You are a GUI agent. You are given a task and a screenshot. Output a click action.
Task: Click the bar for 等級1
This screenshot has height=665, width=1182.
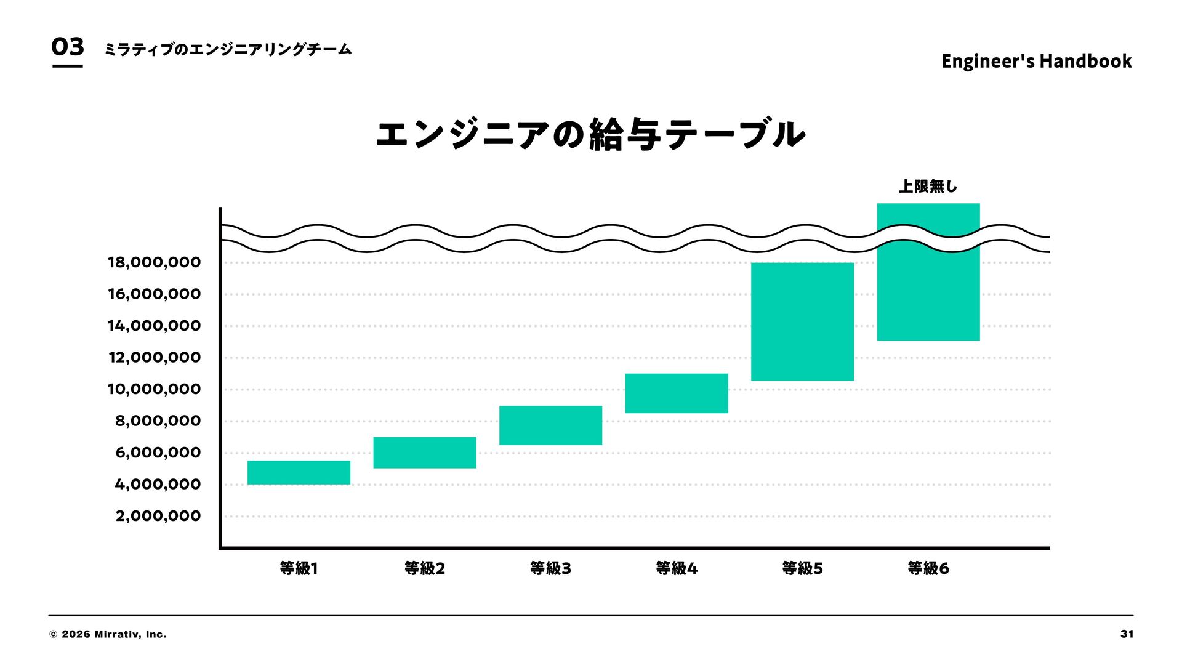(x=299, y=472)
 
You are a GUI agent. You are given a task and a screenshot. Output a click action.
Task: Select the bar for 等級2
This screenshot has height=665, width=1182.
(x=424, y=453)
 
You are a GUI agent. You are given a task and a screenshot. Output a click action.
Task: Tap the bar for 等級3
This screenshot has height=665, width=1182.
(x=550, y=425)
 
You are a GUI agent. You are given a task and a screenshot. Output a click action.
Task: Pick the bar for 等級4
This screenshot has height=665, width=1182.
(x=676, y=393)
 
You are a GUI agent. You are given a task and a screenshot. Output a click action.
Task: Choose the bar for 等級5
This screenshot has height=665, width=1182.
(x=802, y=321)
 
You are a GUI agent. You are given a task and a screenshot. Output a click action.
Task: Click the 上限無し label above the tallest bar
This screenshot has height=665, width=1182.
(x=928, y=186)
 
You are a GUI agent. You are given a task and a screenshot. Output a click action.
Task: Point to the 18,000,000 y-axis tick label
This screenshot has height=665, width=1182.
(x=154, y=262)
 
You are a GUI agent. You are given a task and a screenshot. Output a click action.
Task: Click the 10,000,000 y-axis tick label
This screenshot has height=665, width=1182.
(x=154, y=389)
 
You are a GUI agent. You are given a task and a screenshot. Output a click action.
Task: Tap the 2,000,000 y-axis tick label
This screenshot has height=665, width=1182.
(x=158, y=516)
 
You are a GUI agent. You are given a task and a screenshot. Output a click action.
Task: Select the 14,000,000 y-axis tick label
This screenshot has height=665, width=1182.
(x=154, y=326)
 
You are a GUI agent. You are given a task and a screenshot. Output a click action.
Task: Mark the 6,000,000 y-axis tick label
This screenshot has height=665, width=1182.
(x=158, y=453)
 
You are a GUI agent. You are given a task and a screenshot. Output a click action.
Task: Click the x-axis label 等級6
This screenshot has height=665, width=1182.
(x=928, y=568)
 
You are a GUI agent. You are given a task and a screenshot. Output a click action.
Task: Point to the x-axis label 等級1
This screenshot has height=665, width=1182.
(x=299, y=568)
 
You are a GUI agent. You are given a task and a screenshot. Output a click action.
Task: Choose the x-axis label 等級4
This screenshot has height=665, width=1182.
(x=676, y=568)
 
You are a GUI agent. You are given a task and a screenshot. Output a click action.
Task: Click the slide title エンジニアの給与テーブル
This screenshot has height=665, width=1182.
(x=590, y=134)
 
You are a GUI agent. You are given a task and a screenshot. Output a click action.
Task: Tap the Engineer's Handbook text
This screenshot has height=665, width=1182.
(x=1036, y=61)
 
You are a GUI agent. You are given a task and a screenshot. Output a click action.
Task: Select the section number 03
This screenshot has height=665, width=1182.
(x=67, y=47)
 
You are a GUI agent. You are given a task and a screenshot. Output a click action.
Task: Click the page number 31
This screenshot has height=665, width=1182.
(x=1127, y=634)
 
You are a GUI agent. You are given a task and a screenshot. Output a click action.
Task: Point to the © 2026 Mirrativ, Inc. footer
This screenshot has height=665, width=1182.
(x=108, y=634)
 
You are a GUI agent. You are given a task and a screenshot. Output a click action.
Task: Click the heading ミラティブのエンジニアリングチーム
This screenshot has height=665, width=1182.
(x=228, y=49)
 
